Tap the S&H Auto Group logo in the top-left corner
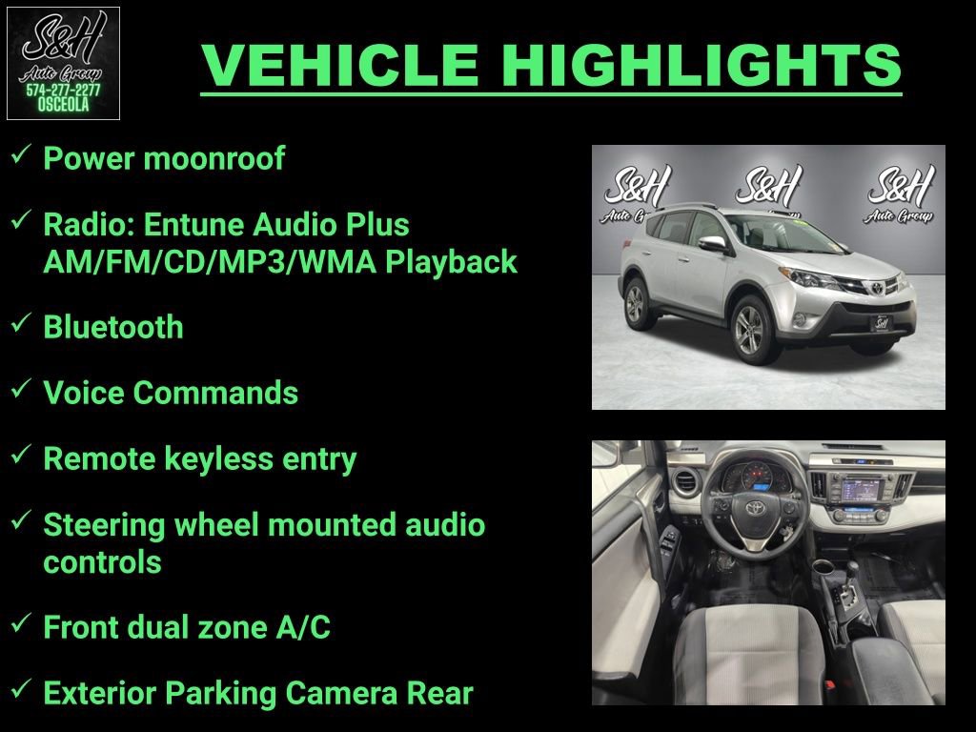click(x=63, y=63)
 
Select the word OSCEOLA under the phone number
click(x=63, y=106)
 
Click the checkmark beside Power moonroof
click(x=22, y=154)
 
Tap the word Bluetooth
click(x=113, y=327)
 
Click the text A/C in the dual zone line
click(x=299, y=627)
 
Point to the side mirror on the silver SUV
click(x=711, y=244)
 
